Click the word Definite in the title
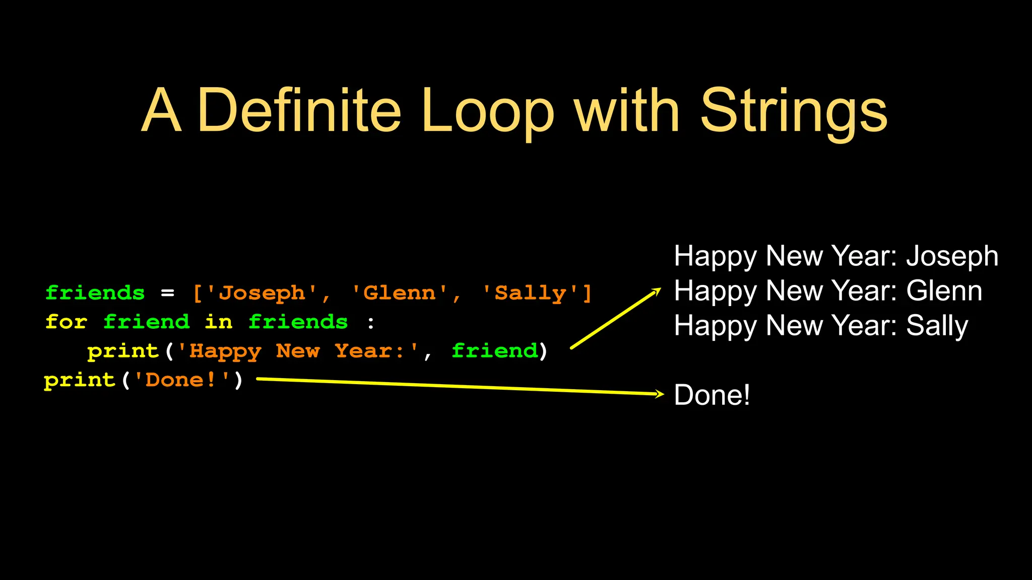click(299, 111)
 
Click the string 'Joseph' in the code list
click(262, 293)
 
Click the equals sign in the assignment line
click(168, 293)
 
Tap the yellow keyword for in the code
click(66, 322)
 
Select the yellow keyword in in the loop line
click(219, 322)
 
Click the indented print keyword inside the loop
click(123, 351)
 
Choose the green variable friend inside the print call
click(495, 351)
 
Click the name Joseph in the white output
click(952, 256)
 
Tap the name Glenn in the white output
click(944, 291)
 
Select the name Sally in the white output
click(937, 326)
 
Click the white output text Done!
click(712, 395)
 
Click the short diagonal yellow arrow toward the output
click(615, 319)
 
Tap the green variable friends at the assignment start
click(95, 293)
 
